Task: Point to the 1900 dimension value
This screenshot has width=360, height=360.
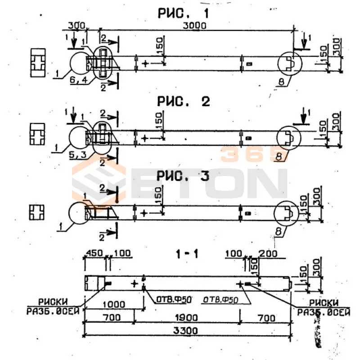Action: tap(187, 318)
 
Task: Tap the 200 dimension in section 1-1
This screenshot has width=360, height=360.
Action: tap(268, 254)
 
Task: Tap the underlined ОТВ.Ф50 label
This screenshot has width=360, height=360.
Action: tap(220, 299)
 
